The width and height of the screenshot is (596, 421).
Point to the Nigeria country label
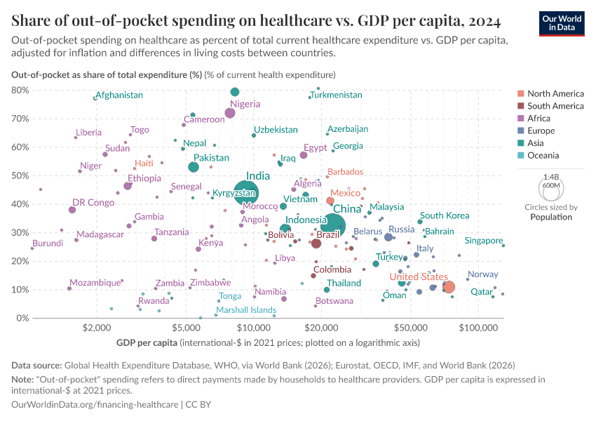point(245,105)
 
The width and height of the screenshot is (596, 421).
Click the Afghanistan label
point(119,95)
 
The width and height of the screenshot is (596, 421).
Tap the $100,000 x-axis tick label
point(479,328)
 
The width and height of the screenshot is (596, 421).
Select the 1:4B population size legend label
point(550,178)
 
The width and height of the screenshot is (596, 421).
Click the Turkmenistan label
point(337,95)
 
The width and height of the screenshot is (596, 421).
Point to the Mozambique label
point(95,283)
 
